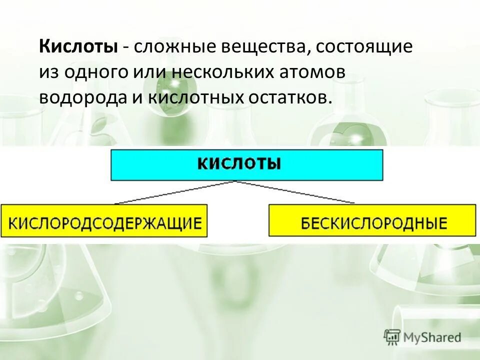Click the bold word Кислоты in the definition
click(x=79, y=47)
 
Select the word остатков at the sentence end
click(x=288, y=97)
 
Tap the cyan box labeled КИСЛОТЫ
click(x=246, y=165)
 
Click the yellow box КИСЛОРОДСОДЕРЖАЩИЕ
click(x=104, y=220)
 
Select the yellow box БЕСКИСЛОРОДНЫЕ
click(x=372, y=220)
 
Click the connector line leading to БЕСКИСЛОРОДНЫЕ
click(x=295, y=192)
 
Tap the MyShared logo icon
click(x=392, y=337)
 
